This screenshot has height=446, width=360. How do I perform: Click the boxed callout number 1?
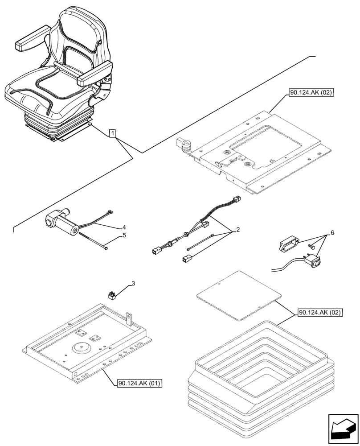click(113, 133)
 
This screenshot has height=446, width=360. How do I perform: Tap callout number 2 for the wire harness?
click(238, 230)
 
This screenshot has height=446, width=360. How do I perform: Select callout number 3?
click(132, 284)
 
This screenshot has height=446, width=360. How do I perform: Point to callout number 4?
click(124, 227)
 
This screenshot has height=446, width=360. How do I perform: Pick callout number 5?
click(124, 235)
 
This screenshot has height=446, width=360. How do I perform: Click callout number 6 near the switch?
click(331, 233)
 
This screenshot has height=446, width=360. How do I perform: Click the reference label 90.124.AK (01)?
click(140, 383)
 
